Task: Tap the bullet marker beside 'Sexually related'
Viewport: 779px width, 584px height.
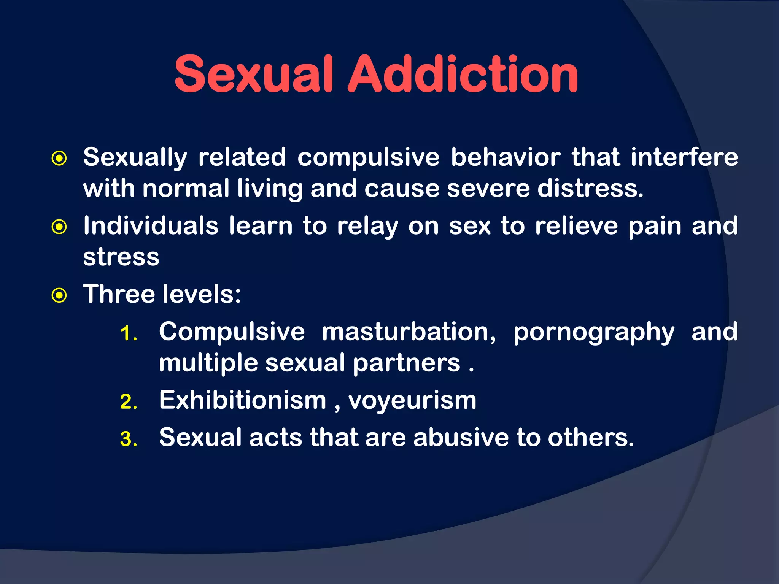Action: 59,159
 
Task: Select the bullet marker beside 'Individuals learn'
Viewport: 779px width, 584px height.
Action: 59,227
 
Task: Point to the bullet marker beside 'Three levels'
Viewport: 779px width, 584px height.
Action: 59,295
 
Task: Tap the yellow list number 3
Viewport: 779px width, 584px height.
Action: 128,439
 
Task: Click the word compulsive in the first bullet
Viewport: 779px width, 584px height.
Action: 368,157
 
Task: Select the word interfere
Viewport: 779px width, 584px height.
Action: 684,157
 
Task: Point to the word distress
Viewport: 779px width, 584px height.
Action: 590,188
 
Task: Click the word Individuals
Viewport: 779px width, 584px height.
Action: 151,225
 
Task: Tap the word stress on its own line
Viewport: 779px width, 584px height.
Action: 121,257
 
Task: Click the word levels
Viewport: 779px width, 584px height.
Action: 202,294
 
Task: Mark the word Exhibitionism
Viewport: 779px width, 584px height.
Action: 243,400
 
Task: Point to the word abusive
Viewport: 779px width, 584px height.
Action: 461,437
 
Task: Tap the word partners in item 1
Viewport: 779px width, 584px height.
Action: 407,363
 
